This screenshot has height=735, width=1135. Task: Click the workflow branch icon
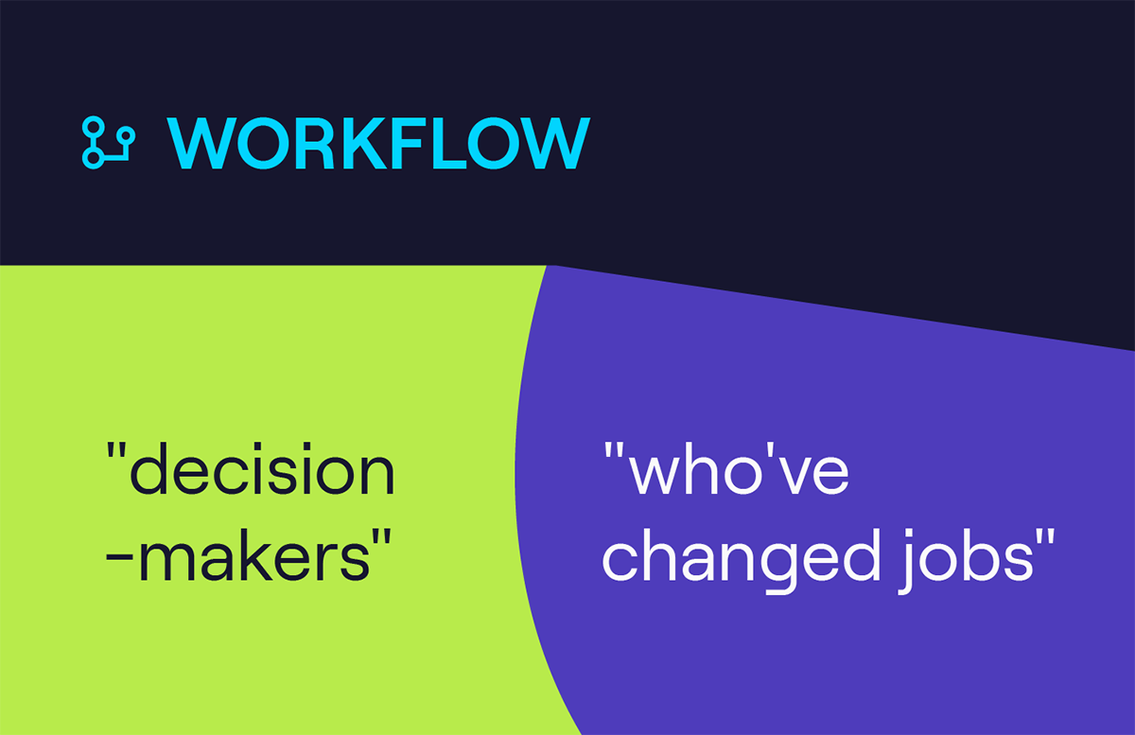(109, 143)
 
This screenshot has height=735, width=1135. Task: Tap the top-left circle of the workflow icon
(93, 128)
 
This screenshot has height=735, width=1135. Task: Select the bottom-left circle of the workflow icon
(93, 158)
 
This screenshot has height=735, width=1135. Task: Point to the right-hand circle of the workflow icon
(125, 135)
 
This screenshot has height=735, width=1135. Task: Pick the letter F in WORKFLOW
(407, 143)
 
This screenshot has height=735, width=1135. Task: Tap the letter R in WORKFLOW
(313, 143)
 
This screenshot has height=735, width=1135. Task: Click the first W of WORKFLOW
(201, 143)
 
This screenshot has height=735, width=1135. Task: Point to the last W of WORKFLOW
(556, 143)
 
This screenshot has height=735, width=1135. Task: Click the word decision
(262, 468)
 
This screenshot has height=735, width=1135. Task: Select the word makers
(254, 554)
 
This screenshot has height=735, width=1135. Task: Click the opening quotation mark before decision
(116, 450)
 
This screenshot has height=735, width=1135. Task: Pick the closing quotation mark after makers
(382, 537)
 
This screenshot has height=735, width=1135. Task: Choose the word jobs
(966, 561)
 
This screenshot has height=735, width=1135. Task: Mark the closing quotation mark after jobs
(1045, 537)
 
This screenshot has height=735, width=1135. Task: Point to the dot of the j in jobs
(909, 533)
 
